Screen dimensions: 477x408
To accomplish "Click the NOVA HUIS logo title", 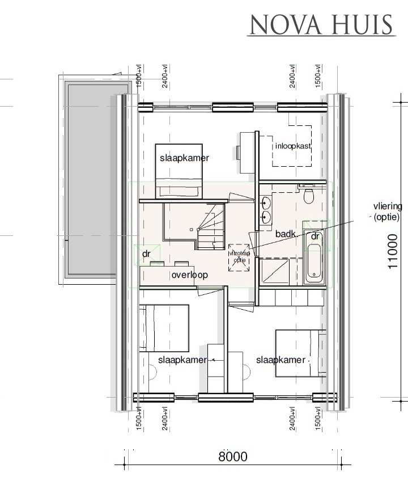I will coord(321,26).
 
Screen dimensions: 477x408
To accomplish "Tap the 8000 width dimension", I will coord(233,456).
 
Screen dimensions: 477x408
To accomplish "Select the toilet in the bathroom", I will coord(309,196).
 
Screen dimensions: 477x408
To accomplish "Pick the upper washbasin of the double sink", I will coord(266,201).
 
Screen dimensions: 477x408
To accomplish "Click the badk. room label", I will coord(286,234).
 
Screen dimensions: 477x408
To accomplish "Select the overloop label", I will coord(189,275).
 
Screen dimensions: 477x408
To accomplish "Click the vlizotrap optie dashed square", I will coord(239,259).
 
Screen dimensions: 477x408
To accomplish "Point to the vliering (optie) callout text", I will coord(387,212).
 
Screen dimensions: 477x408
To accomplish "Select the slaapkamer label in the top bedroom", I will coord(184,158).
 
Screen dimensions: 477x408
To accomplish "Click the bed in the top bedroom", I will coord(178,170).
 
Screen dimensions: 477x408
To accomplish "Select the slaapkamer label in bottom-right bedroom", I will coord(280,360).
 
